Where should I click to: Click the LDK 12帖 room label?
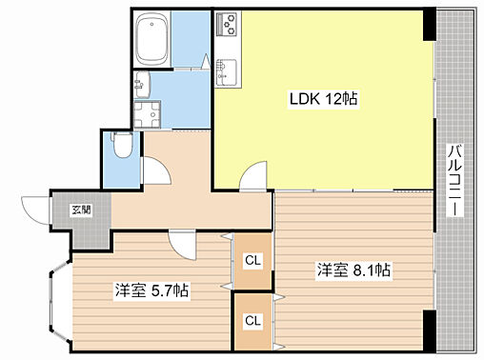pyautogui.click(x=323, y=99)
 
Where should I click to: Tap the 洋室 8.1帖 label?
pyautogui.click(x=353, y=270)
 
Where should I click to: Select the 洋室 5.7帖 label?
pyautogui.click(x=151, y=290)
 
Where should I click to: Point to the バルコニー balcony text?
pyautogui.click(x=454, y=180)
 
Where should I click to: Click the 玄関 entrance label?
pyautogui.click(x=82, y=210)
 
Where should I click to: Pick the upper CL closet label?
pyautogui.click(x=252, y=260)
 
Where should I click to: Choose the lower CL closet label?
pyautogui.click(x=252, y=321)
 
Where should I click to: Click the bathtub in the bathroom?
pyautogui.click(x=151, y=39)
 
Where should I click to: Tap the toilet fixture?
pyautogui.click(x=122, y=145)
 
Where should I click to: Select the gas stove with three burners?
pyautogui.click(x=227, y=24)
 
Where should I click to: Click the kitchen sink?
pyautogui.click(x=227, y=72)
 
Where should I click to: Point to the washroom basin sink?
pyautogui.click(x=142, y=84)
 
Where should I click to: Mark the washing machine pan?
pyautogui.click(x=147, y=114)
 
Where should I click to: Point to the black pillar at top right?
pyautogui.click(x=430, y=25)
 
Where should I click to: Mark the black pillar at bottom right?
pyautogui.click(x=430, y=330)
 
